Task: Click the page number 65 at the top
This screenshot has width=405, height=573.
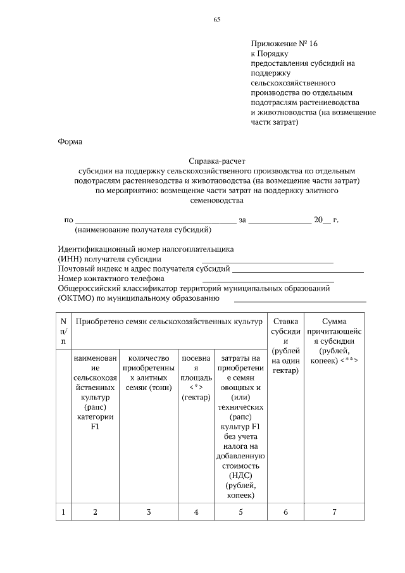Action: pos(216,20)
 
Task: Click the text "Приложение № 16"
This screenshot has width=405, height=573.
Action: pos(283,44)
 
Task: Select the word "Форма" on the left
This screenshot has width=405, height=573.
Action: pos(70,141)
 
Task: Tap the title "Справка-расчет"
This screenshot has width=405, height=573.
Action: pos(216,161)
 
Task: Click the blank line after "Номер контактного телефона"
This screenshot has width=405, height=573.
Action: pos(268,279)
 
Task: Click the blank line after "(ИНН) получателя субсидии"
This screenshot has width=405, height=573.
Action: pos(267,260)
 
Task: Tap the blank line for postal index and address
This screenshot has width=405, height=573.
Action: pos(297,270)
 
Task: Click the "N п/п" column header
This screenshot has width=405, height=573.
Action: pos(63,332)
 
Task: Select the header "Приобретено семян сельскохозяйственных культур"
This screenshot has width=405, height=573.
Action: pos(168,322)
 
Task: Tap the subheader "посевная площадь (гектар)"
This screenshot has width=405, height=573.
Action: pos(196,377)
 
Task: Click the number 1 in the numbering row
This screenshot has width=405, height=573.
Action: pos(63,512)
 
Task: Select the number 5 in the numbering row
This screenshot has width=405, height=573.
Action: pos(240,512)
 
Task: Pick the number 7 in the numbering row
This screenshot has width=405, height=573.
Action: pos(334,512)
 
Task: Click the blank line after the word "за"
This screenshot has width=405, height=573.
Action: pos(280,221)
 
